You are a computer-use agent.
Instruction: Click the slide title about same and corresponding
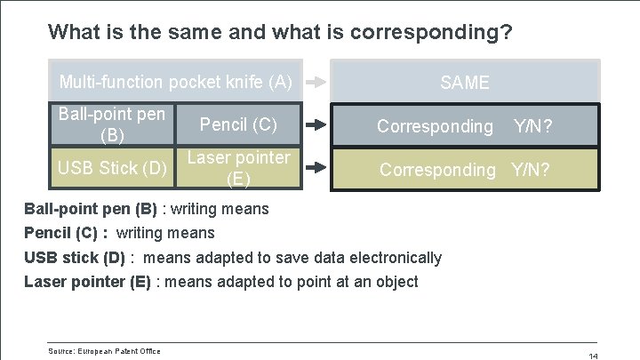[x=280, y=33]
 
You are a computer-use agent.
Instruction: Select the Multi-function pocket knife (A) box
[x=175, y=83]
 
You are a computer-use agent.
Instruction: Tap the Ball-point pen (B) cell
[x=111, y=124]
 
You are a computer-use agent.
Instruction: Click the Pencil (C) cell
[x=238, y=124]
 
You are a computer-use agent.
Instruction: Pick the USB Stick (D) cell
[x=111, y=168]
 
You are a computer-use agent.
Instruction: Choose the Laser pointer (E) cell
[x=238, y=168]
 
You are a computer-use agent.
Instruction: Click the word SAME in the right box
[x=464, y=83]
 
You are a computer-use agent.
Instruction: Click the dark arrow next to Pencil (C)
[x=316, y=124]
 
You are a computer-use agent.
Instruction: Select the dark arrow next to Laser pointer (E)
[x=316, y=168]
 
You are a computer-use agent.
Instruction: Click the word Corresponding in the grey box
[x=435, y=126]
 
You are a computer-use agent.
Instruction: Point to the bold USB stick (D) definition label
[x=75, y=258]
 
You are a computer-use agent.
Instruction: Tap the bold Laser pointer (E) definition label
[x=87, y=282]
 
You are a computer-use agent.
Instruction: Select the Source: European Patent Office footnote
[x=104, y=352]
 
